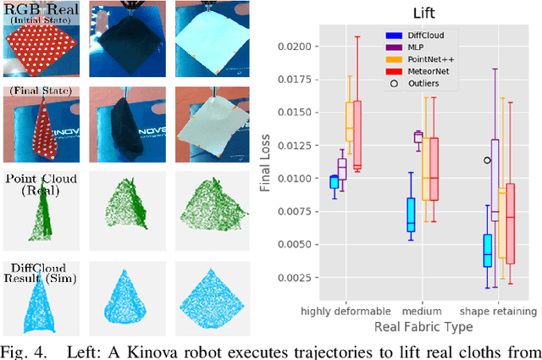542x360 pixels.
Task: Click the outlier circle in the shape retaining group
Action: (487, 160)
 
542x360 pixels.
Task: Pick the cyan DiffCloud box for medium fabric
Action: (411, 214)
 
